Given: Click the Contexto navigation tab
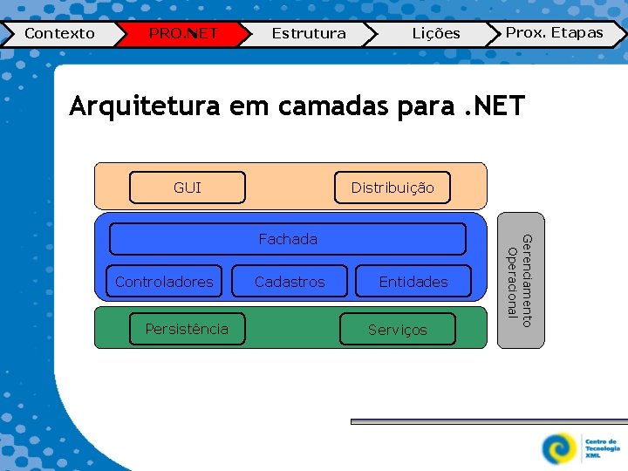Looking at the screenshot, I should [x=59, y=34].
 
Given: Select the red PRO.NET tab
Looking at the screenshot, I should [x=182, y=34].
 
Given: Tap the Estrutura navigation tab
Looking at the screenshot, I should [x=308, y=34].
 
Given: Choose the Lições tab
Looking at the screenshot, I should [x=435, y=34].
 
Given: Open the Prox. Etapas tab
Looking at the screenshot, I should [x=555, y=33].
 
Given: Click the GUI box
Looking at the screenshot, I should [x=188, y=188].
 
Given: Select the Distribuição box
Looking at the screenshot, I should [x=392, y=188].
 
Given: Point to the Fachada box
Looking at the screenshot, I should [x=288, y=239].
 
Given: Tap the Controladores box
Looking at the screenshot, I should [x=164, y=282].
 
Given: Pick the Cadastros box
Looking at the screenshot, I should [x=290, y=282].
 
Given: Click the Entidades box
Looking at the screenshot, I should [x=413, y=282].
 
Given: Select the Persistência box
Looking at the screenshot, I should [x=187, y=329].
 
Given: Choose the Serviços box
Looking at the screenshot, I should [x=398, y=330].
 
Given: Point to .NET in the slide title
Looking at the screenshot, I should [x=492, y=106].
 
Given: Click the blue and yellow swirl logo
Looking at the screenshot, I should [x=558, y=448].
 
